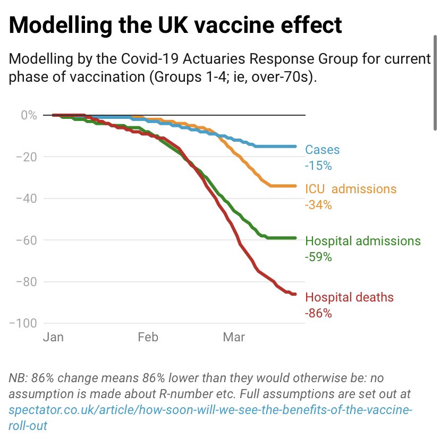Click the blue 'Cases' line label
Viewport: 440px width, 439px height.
(322, 150)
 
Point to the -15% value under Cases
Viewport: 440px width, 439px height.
(318, 166)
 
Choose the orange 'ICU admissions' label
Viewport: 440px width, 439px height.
(351, 188)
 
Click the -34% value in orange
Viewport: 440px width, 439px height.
(318, 204)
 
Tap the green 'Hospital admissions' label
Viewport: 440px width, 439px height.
(363, 241)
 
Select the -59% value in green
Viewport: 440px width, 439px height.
(318, 257)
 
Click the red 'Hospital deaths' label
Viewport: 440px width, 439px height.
(350, 297)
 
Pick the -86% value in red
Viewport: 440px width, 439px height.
(318, 313)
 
